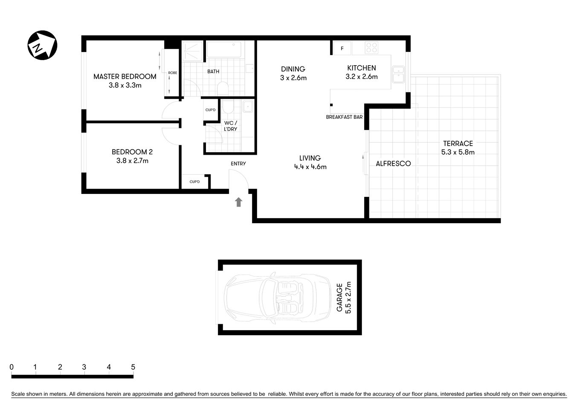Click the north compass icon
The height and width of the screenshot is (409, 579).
pos(42,45)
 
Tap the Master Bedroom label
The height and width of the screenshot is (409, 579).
pos(124,77)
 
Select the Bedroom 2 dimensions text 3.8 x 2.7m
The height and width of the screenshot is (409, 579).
pos(132,161)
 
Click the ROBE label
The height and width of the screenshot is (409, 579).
pos(172,73)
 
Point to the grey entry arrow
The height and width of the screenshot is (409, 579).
pos(239,202)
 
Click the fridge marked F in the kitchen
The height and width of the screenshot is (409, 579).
pos(342,49)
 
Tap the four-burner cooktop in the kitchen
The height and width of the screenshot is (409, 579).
pos(371,48)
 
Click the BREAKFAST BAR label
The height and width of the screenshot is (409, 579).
pos(344,117)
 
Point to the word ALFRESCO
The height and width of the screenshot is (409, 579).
pos(393,164)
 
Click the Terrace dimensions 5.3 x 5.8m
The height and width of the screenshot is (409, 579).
pos(457,152)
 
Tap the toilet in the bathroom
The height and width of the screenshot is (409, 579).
pos(223,89)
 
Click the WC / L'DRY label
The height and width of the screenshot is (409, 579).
pos(230,126)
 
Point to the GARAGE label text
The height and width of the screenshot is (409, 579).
pos(340,297)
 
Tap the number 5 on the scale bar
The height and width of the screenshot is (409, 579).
pos(133,367)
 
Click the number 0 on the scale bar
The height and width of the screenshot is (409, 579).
pos(12,367)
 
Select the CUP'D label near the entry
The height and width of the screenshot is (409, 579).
pos(194,182)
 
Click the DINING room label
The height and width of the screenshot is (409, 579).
pos(293,69)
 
